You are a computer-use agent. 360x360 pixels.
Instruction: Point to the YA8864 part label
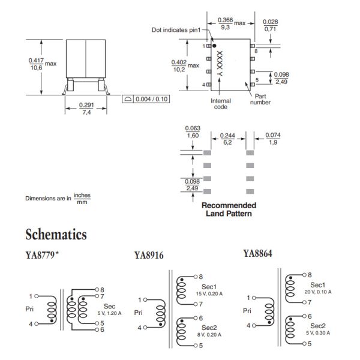coord(258,253)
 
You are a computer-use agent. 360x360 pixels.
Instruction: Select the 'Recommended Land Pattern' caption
coord(228,209)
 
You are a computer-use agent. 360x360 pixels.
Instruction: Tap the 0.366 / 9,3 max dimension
coord(226,23)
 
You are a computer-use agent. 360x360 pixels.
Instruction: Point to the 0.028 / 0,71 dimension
coord(272,26)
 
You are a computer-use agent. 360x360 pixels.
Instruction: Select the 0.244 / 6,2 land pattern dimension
coord(228,139)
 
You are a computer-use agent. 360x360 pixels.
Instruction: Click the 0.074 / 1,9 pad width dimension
coord(273,139)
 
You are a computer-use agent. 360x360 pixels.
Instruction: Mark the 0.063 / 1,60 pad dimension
coord(193,132)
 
